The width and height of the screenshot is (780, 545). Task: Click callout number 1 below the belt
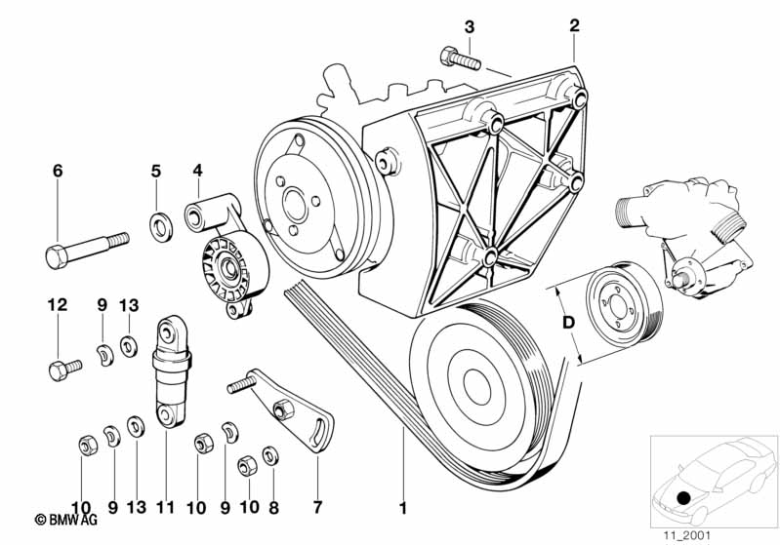(401, 507)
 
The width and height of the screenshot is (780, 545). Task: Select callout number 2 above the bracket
(574, 26)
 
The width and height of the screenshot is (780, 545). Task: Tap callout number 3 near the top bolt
(469, 26)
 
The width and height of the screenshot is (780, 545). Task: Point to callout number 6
(58, 172)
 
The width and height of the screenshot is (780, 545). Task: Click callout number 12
(58, 305)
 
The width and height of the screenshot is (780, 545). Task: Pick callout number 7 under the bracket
(317, 507)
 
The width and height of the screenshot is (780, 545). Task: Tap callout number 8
(273, 507)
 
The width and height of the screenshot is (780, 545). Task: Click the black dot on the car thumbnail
(684, 498)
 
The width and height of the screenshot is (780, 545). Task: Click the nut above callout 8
(271, 454)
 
